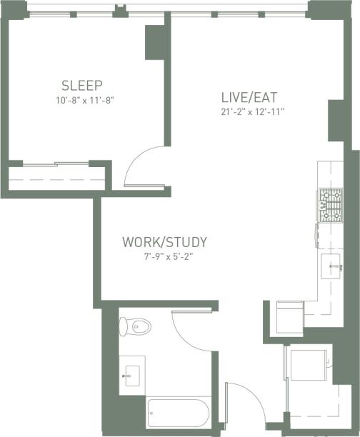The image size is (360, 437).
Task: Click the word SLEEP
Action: pyautogui.click(x=82, y=83)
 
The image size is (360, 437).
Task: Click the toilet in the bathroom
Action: pyautogui.click(x=136, y=327)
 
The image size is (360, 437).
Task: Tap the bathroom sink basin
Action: pyautogui.click(x=131, y=373)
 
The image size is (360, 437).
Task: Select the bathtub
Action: pyautogui.click(x=177, y=413)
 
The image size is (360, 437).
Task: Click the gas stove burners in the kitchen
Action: pyautogui.click(x=330, y=205)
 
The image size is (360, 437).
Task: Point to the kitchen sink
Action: pyautogui.click(x=332, y=266)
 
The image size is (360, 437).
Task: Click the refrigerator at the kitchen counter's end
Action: pyautogui.click(x=289, y=316)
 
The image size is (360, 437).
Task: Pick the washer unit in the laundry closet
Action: pyautogui.click(x=309, y=365)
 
